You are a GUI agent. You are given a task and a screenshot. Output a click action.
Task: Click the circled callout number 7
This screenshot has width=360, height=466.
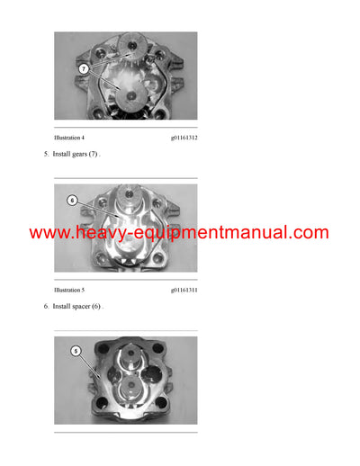(x=82, y=68)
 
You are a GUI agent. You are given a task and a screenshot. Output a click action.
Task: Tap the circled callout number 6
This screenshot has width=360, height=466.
(x=72, y=201)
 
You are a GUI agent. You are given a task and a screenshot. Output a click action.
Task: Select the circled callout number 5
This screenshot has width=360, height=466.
(x=76, y=351)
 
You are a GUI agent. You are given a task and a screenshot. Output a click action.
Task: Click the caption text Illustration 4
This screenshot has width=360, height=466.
(x=69, y=138)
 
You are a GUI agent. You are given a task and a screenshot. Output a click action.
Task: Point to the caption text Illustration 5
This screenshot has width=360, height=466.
(x=69, y=290)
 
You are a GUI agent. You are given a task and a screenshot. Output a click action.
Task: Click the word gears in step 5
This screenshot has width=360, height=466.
(x=84, y=155)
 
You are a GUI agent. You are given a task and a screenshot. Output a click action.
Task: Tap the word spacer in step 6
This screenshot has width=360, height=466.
(x=85, y=307)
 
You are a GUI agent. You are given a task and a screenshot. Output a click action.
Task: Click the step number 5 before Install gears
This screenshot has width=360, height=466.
(x=46, y=155)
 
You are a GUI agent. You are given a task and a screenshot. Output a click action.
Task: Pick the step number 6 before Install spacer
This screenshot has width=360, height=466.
(x=46, y=307)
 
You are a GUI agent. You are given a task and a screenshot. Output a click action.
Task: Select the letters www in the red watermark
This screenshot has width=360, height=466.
(x=46, y=233)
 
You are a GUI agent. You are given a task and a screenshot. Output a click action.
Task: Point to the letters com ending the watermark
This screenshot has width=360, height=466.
(x=308, y=233)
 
